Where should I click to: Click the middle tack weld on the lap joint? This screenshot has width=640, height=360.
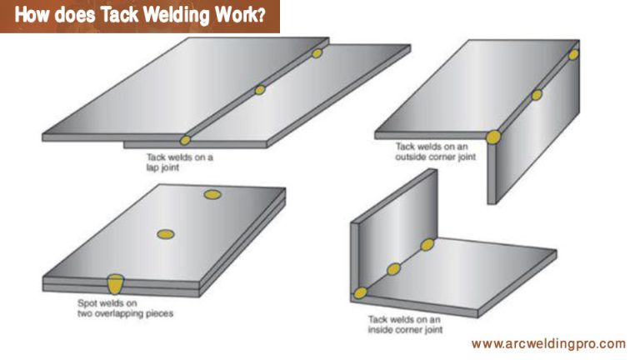pyautogui.click(x=260, y=89)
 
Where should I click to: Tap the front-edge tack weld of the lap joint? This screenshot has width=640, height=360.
pyautogui.click(x=185, y=140)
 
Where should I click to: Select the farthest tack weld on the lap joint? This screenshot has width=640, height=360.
pyautogui.click(x=317, y=53)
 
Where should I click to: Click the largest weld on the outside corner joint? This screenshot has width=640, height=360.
pyautogui.click(x=493, y=137)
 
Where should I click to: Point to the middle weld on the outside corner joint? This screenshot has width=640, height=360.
pyautogui.click(x=537, y=95)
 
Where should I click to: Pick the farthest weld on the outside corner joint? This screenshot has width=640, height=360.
pyautogui.click(x=574, y=55)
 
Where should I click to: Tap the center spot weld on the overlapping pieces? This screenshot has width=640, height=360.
pyautogui.click(x=166, y=235)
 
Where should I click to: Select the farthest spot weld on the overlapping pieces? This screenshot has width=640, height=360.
pyautogui.click(x=212, y=194)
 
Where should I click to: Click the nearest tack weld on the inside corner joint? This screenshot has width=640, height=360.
pyautogui.click(x=360, y=292)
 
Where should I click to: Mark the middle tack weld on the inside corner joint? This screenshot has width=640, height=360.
pyautogui.click(x=393, y=268)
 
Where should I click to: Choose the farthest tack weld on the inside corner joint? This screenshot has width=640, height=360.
pyautogui.click(x=427, y=244)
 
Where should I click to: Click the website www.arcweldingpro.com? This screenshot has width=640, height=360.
pyautogui.click(x=547, y=343)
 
